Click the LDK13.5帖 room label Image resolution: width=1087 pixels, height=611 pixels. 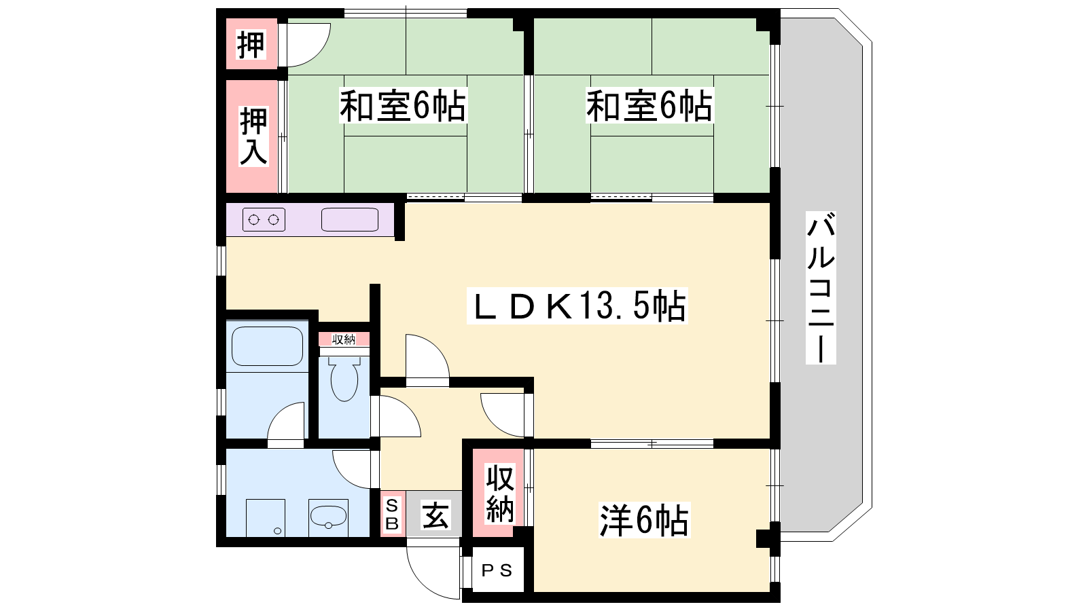577,305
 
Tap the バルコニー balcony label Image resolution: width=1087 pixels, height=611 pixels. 821,288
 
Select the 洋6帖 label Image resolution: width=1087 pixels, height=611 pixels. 644,520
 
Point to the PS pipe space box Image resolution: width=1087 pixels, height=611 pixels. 497,570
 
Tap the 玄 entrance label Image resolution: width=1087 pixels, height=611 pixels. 435,514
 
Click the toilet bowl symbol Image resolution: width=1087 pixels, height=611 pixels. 344,379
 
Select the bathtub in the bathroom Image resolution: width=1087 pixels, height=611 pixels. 267,346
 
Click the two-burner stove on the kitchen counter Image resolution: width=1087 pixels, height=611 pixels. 264,220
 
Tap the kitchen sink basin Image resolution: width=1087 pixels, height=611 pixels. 349,220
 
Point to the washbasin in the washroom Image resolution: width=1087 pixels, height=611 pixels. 328,517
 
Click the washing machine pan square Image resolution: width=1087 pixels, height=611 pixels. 266,518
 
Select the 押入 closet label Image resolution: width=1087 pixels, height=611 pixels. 253,136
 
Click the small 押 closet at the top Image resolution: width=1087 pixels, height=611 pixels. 251,44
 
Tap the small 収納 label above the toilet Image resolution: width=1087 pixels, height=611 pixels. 344,339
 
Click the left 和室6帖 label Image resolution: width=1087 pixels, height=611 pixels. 403,105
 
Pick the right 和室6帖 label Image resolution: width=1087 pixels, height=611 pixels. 649,105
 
